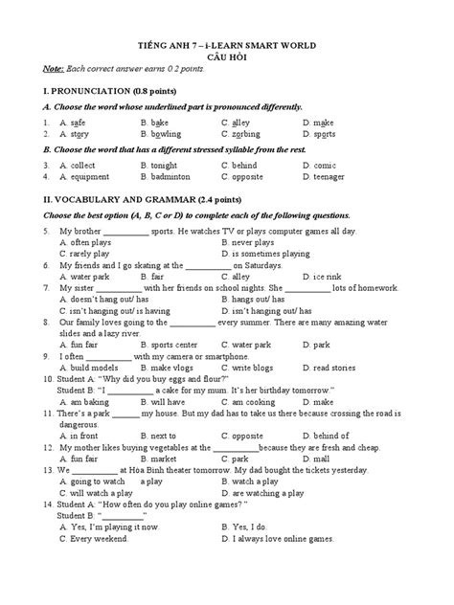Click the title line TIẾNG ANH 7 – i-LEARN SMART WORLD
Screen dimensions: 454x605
coord(227,44)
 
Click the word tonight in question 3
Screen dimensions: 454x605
coord(169,165)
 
